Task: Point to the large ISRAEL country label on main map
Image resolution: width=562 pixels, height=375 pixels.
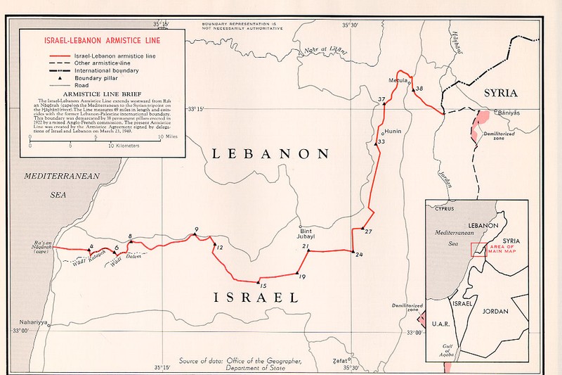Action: pos(256,298)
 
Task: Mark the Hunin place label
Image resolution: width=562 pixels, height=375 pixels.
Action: pos(392,132)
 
